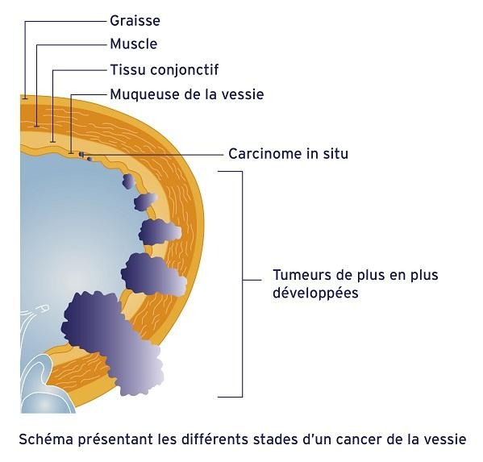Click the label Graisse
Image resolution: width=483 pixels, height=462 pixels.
coord(135,21)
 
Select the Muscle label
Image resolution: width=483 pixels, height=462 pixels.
coord(134,44)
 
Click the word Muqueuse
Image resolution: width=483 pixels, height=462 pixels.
coord(144,94)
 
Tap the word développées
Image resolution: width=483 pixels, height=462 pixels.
coord(315,293)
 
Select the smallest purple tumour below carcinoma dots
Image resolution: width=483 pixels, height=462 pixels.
coord(128,181)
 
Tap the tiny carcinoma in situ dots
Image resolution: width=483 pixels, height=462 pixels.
coord(85,156)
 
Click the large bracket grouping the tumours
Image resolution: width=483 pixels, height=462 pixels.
coord(242,284)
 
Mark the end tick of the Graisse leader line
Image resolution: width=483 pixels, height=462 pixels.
coord(25,98)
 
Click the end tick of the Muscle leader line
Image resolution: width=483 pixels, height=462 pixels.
coord(37,126)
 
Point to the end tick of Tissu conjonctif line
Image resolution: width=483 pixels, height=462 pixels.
coord(53,142)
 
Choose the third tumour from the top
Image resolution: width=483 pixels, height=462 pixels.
coord(160,232)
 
